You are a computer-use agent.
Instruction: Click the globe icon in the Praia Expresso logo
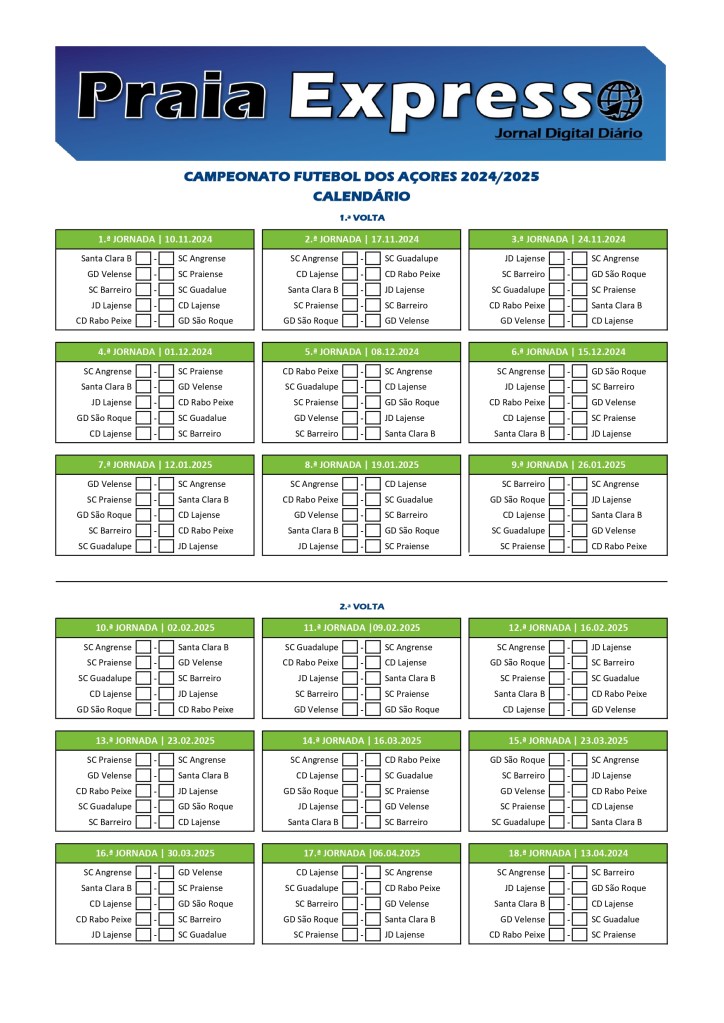[619, 100]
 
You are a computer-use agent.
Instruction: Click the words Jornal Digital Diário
[568, 134]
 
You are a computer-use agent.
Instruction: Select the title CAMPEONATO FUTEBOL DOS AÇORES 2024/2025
[361, 177]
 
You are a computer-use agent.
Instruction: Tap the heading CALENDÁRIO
[361, 196]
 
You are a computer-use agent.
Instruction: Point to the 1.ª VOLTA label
[361, 217]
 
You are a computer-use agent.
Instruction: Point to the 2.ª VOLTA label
[361, 606]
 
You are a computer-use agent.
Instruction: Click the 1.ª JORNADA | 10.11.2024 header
[155, 239]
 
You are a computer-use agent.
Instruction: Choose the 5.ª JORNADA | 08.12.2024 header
[361, 352]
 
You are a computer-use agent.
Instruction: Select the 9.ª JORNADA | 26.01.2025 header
[568, 465]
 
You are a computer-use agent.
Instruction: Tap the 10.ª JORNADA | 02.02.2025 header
[155, 628]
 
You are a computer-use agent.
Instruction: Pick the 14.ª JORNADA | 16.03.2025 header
[361, 741]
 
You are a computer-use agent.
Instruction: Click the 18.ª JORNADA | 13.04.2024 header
[568, 854]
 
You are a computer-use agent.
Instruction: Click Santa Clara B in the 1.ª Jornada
[106, 258]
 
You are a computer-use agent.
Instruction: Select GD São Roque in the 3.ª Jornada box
[618, 274]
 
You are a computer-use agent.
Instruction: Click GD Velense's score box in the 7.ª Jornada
[143, 484]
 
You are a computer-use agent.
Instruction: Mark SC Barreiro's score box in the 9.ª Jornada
[557, 484]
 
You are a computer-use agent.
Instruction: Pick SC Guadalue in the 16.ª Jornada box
[202, 935]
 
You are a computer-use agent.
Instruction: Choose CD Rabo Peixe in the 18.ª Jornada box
[517, 935]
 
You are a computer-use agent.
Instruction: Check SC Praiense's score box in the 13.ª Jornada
[143, 760]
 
